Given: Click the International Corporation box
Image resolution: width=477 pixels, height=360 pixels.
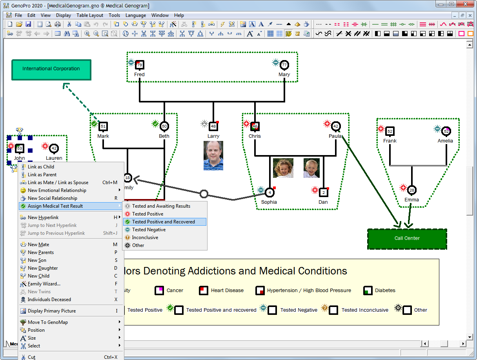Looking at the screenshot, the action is [51, 70].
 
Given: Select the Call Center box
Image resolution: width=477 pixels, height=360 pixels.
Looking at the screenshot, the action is [407, 239].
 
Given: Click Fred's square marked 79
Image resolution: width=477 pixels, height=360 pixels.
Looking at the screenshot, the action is [140, 65].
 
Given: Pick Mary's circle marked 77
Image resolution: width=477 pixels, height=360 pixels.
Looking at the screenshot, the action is [284, 65].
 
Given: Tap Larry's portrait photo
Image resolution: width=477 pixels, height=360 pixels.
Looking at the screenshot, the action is [213, 155].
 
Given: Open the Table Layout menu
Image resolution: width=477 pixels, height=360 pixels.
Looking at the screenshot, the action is [89, 15].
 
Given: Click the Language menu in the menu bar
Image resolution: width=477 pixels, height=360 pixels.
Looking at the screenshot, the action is [136, 15].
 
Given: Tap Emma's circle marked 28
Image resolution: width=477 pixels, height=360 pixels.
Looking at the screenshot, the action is [412, 190].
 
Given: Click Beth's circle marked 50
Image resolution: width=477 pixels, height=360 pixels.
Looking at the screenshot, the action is [164, 126].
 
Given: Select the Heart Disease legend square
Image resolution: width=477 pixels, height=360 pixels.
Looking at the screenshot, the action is [204, 291].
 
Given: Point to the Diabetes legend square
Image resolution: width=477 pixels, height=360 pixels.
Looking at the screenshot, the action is [368, 291].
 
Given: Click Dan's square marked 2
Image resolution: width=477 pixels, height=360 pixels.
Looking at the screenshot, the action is [324, 192].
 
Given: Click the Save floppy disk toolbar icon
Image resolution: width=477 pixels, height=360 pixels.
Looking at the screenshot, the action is [28, 24].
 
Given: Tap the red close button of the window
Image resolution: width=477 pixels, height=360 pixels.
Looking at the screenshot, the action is [465, 4].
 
